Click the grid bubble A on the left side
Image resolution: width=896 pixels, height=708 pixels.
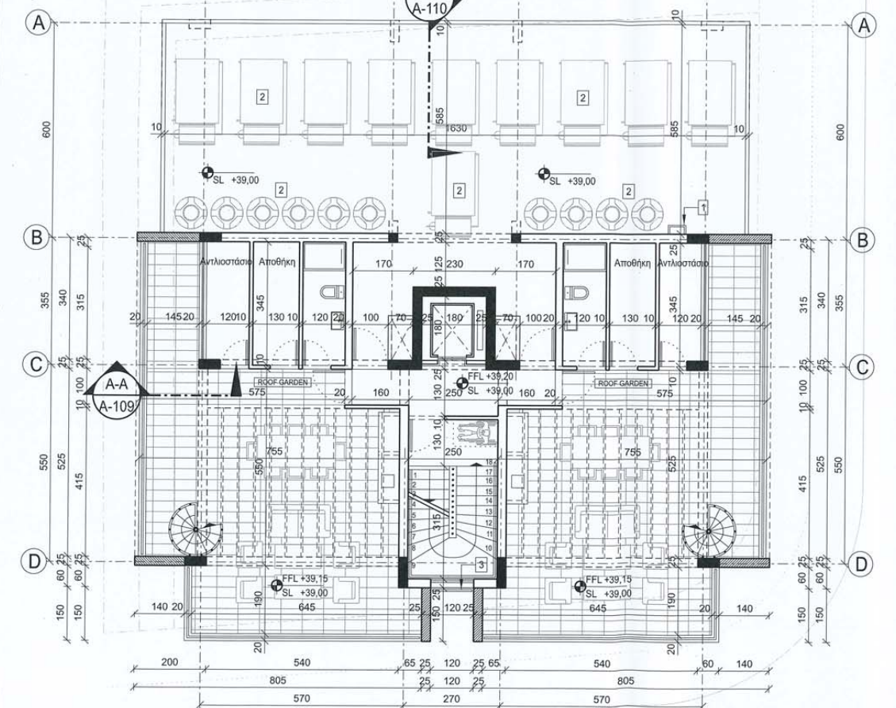click(x=36, y=24)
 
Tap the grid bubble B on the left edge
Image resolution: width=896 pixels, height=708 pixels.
click(x=36, y=237)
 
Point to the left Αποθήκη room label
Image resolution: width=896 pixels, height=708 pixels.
click(x=276, y=261)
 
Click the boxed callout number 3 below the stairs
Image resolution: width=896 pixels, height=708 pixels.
click(x=481, y=565)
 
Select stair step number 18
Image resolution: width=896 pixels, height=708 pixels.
click(x=490, y=461)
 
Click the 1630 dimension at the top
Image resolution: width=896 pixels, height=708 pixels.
click(x=456, y=127)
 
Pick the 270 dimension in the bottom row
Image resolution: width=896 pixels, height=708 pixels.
click(x=451, y=699)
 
